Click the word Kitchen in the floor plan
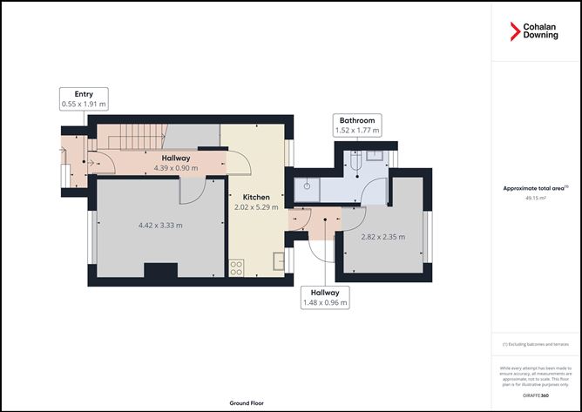point(256,198)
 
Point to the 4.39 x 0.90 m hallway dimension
point(176,168)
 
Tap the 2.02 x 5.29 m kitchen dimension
point(256,208)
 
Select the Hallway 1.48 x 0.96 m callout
point(326,298)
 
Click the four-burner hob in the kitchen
point(236,267)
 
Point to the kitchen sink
point(278,260)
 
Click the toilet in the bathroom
point(357,163)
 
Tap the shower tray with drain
point(310,185)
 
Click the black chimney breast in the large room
point(160,271)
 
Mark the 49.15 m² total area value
point(536,198)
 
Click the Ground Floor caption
point(247,403)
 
